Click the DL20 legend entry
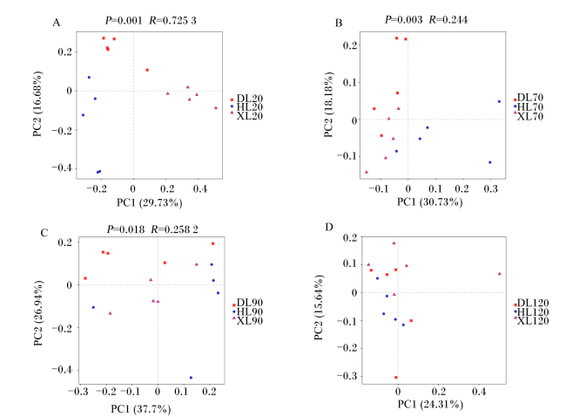click(x=247, y=99)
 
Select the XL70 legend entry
click(x=528, y=116)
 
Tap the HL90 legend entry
click(x=247, y=311)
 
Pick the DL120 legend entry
click(x=530, y=303)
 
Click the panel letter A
click(x=56, y=24)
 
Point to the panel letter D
click(x=329, y=227)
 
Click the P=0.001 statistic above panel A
click(x=124, y=21)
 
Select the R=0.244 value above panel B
click(x=448, y=20)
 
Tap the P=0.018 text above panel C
click(x=125, y=229)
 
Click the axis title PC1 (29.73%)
click(x=150, y=203)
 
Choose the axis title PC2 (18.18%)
click(x=328, y=105)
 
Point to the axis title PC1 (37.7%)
click(x=141, y=409)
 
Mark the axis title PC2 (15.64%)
click(x=319, y=307)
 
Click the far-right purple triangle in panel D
click(x=500, y=274)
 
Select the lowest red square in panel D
click(x=396, y=378)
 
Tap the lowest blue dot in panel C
click(x=191, y=378)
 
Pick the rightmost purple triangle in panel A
click(x=216, y=108)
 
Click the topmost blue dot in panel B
click(x=499, y=101)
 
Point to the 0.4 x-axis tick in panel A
click(x=200, y=188)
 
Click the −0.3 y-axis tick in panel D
click(x=347, y=376)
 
